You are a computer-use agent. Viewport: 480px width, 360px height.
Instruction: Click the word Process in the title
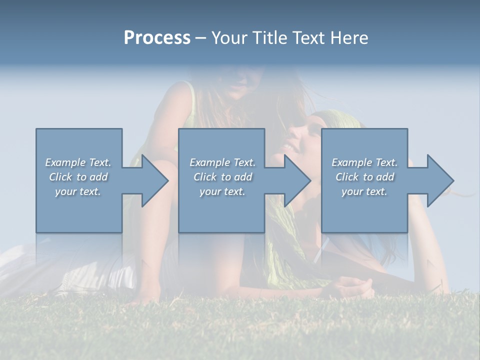[x=157, y=38]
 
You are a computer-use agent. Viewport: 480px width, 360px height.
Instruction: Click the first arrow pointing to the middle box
[x=148, y=180]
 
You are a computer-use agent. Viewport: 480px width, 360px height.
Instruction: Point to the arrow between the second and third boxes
[x=290, y=180]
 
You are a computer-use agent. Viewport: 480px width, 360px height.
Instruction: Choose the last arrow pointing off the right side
[x=433, y=180]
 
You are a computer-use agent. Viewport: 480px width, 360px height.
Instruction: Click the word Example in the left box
[x=65, y=162]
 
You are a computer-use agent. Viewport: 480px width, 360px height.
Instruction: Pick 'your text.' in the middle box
[x=222, y=191]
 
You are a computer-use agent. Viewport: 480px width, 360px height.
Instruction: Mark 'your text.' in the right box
[x=364, y=191]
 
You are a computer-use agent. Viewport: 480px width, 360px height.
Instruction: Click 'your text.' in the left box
[x=78, y=191]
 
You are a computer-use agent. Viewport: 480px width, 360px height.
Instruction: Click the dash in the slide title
[x=200, y=38]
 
